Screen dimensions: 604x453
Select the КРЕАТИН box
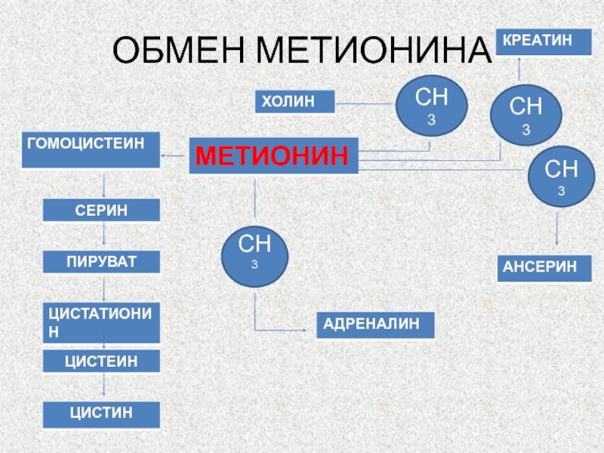543,42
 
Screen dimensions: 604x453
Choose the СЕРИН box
101,210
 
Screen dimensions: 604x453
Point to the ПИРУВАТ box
101,262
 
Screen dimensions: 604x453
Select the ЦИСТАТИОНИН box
101,322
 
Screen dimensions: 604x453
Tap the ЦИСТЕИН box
101,361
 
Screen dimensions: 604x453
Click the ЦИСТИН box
101,414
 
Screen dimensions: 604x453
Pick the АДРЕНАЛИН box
375,325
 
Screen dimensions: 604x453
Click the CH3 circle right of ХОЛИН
427,105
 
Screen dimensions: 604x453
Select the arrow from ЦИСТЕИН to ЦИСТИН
103,387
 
